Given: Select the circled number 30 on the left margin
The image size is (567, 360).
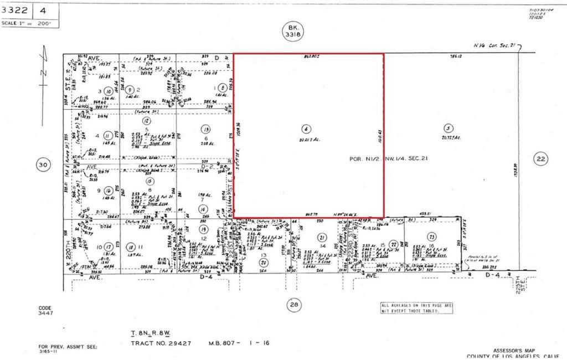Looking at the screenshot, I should coord(42,164).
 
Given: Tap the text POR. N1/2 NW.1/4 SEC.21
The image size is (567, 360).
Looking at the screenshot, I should coord(388,158).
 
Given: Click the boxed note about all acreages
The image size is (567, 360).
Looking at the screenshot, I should coord(416,308).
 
